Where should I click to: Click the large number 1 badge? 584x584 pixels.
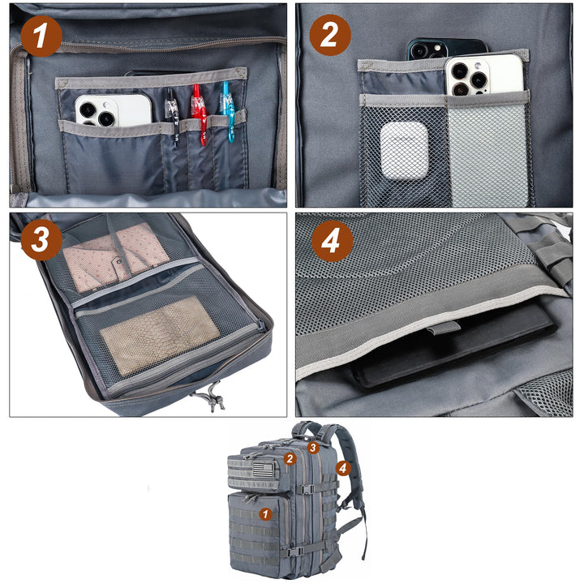pyautogui.click(x=41, y=36)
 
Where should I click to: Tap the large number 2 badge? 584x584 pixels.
pyautogui.click(x=330, y=35)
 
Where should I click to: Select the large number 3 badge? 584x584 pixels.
pyautogui.click(x=41, y=240)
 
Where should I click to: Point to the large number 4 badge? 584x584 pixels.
pyautogui.click(x=333, y=242)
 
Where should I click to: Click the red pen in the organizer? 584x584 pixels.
pyautogui.click(x=200, y=114)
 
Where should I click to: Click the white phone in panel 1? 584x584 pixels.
pyautogui.click(x=114, y=109)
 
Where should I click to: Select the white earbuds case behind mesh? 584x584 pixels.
pyautogui.click(x=404, y=151)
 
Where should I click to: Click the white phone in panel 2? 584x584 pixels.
pyautogui.click(x=484, y=75)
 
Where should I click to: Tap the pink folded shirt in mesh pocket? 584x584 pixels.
pyautogui.click(x=114, y=256)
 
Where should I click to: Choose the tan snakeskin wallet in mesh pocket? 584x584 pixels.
pyautogui.click(x=160, y=335)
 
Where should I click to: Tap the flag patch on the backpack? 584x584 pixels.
pyautogui.click(x=266, y=470)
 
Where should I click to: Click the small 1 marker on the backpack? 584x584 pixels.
pyautogui.click(x=265, y=514)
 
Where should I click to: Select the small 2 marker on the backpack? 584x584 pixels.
pyautogui.click(x=290, y=458)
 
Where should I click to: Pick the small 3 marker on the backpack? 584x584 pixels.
pyautogui.click(x=313, y=447)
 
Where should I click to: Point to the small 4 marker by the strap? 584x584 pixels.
pyautogui.click(x=343, y=468)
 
